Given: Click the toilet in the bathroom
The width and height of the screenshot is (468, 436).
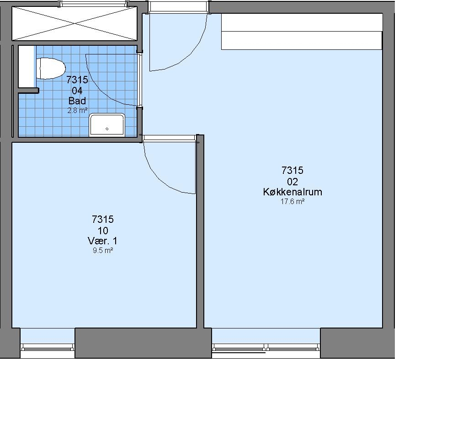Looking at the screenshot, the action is click(51, 69).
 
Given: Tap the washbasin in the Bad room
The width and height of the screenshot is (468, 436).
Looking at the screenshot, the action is click(107, 124).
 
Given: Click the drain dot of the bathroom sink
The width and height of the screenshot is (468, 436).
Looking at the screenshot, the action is click(107, 129).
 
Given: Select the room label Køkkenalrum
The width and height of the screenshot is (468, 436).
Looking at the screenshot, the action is click(292, 192).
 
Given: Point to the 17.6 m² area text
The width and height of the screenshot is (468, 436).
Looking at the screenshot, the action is click(292, 202).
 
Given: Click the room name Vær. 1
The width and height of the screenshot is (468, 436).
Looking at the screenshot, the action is click(103, 241).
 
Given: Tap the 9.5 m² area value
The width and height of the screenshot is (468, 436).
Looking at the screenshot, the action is click(103, 251).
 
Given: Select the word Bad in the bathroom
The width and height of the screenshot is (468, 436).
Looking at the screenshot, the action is click(77, 101).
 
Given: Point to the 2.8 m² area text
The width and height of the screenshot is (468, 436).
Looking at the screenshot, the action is click(77, 111).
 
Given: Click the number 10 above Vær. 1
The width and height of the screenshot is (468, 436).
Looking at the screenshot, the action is click(103, 231).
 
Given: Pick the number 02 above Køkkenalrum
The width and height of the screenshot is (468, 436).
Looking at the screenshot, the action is click(292, 181).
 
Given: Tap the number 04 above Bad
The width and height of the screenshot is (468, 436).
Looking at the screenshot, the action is click(77, 90).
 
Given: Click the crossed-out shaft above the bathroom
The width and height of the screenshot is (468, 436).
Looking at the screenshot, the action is click(74, 23).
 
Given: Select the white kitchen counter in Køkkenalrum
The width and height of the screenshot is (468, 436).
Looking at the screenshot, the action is click(302, 32).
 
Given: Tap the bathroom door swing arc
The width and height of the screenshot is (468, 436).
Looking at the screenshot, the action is click(99, 90).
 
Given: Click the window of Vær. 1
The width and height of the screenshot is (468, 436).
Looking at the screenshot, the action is click(48, 347).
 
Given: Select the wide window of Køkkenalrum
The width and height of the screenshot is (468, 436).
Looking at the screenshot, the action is click(266, 348).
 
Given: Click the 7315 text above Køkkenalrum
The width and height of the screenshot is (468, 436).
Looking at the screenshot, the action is click(292, 170).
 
